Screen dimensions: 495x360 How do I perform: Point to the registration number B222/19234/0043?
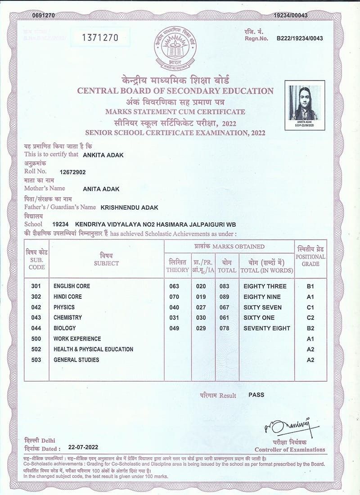point(299,38)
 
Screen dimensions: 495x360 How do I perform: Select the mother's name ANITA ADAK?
point(101,189)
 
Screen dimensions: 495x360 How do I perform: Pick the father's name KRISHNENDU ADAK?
point(129,207)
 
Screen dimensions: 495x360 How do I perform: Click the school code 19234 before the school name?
point(60,224)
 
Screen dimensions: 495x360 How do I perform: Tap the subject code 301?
point(36,286)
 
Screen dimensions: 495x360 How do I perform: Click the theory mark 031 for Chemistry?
point(174,318)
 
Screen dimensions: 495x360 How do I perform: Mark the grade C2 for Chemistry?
point(310,318)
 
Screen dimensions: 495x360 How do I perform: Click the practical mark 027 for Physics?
point(201,307)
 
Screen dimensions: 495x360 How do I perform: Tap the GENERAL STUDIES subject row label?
point(76,360)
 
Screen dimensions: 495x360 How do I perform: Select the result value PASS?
point(256,395)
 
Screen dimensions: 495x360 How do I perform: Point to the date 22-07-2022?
point(83,448)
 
